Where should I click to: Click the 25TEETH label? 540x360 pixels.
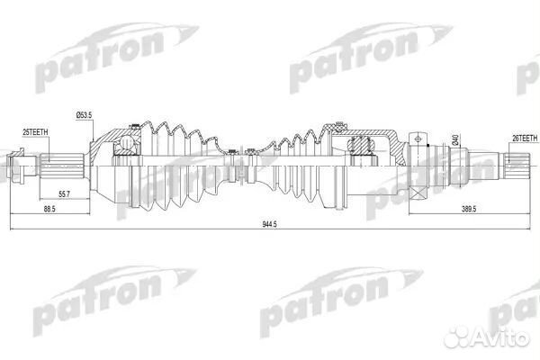point(36,132)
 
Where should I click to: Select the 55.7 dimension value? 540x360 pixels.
point(63,194)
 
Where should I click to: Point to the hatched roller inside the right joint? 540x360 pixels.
point(361,144)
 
